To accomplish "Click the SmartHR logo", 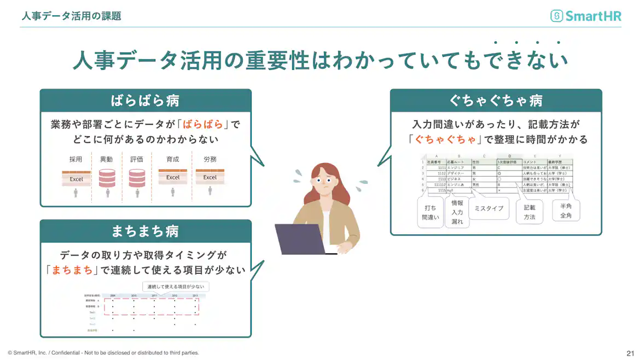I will [586, 16].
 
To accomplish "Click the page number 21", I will [630, 353].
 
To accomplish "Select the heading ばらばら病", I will [146, 101].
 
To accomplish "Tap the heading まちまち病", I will [146, 231].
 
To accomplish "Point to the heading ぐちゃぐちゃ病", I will [496, 101].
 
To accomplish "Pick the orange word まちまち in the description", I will [72, 269].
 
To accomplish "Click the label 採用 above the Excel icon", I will [75, 160].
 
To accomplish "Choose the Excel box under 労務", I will [210, 177].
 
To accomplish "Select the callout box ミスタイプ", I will [489, 208].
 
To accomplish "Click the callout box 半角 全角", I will [566, 211].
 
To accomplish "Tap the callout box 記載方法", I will [530, 212].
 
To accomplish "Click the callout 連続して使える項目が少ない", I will [176, 287].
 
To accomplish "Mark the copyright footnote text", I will [103, 353].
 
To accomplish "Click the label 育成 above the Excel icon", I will [173, 160].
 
